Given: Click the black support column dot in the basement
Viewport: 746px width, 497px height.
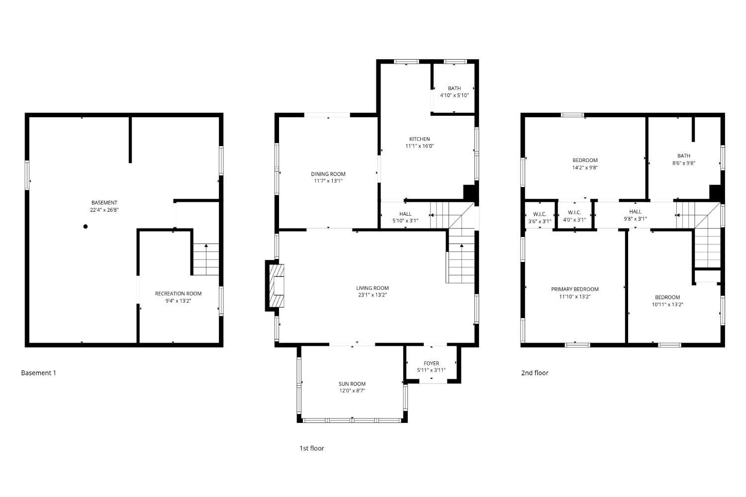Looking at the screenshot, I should [86, 227].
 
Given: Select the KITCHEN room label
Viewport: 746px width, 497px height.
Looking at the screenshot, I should [419, 139].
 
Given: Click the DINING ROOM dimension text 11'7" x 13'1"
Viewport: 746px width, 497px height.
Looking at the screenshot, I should [328, 181].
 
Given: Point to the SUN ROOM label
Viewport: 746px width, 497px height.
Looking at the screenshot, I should [352, 384].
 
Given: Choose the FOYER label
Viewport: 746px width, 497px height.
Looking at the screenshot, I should [431, 363].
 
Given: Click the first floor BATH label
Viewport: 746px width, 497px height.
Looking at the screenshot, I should [454, 88].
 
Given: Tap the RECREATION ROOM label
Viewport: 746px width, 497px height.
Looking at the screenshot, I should [178, 294].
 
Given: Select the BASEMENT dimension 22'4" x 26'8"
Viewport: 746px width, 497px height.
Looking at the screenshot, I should [104, 210].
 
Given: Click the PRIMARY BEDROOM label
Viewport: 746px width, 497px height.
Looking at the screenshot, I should [575, 289].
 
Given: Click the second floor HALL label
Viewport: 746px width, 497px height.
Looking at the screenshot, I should [635, 212].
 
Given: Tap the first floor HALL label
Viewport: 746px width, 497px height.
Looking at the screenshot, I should [405, 214].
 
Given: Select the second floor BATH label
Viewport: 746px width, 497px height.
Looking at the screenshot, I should [684, 156].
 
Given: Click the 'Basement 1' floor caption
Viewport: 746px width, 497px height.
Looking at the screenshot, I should [38, 373].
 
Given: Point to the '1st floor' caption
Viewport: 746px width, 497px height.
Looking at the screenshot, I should [311, 448].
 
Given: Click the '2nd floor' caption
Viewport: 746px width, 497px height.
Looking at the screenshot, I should [535, 373].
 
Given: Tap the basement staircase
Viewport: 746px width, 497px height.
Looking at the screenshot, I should [206, 259].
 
